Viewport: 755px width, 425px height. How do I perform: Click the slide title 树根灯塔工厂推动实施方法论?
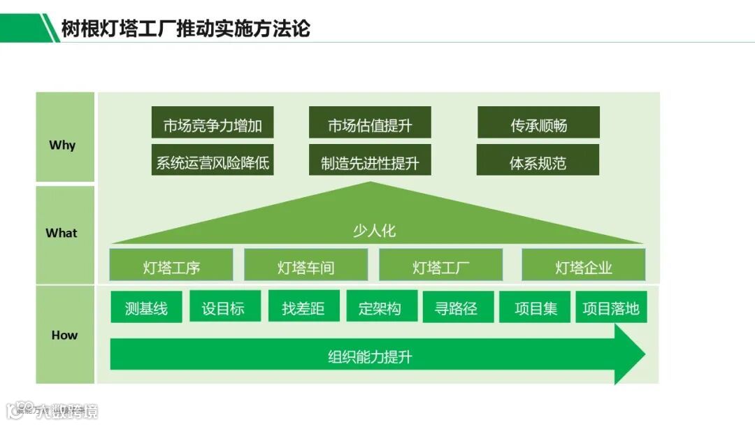(x=185, y=29)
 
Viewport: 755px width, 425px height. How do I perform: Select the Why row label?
(x=62, y=145)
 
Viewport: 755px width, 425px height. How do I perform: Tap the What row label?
(x=62, y=233)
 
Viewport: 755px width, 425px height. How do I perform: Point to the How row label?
(x=64, y=335)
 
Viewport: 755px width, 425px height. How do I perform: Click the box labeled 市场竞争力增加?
(x=213, y=126)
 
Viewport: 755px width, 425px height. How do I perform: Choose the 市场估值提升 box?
(x=370, y=126)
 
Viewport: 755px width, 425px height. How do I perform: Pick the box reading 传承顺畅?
(x=538, y=126)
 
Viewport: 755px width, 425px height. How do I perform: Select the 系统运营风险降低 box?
(x=213, y=164)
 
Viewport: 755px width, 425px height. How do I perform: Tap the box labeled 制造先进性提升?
(x=370, y=164)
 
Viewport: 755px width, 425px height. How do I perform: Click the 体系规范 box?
(x=538, y=164)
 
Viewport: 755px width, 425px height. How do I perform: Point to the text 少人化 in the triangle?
(x=374, y=231)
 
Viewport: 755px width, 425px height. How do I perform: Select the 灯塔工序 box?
(x=171, y=267)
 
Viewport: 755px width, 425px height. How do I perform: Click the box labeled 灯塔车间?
(x=305, y=267)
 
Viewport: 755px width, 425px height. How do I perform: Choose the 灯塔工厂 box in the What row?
(x=440, y=267)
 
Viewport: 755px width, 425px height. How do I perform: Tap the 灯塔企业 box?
(x=583, y=267)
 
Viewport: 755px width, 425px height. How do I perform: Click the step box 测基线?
(x=146, y=308)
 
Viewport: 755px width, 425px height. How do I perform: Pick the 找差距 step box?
(x=303, y=308)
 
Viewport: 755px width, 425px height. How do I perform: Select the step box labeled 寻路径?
(x=456, y=308)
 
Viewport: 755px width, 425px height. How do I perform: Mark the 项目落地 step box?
(x=611, y=308)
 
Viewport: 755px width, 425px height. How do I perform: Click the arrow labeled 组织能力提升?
(x=371, y=357)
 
